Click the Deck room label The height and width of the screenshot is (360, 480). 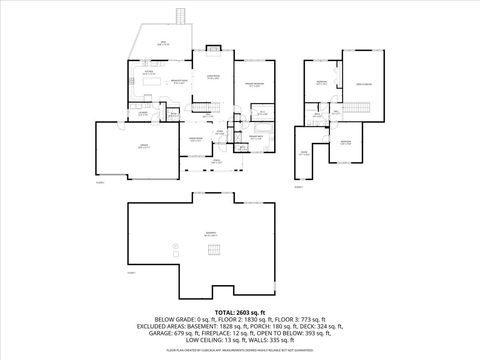163,43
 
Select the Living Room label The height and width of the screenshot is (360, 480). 212,77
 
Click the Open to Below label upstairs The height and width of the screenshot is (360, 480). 365,84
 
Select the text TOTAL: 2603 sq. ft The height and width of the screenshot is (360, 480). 239,313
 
